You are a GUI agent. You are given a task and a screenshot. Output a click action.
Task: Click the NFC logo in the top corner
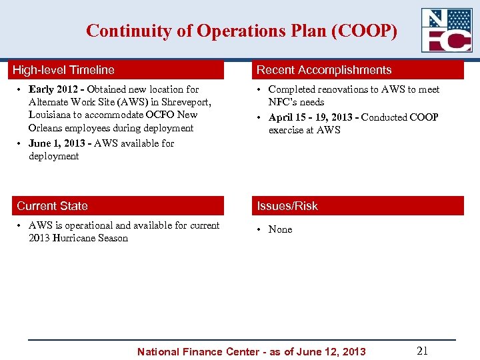[446, 30]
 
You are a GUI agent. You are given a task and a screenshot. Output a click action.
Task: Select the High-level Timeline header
[65, 70]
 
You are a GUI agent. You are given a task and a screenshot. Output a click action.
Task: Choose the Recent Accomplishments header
[324, 70]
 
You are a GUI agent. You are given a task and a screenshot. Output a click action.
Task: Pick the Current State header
[52, 206]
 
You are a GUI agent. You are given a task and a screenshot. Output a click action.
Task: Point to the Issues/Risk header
[287, 206]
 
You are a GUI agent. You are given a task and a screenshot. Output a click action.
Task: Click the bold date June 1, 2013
[58, 143]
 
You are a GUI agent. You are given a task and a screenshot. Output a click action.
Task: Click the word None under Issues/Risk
[280, 229]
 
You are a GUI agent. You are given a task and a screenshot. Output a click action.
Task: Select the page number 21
[422, 351]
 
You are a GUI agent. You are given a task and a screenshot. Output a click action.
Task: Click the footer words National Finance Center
[193, 351]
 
